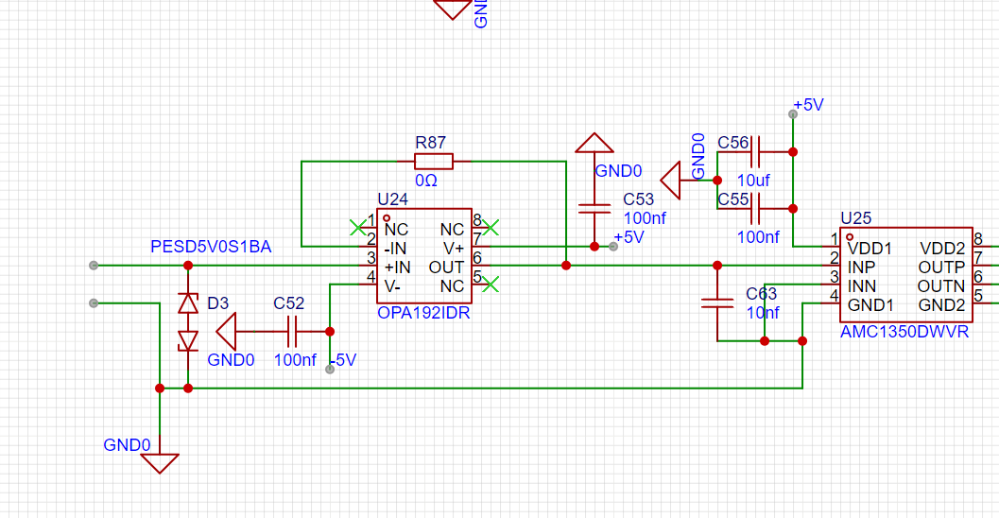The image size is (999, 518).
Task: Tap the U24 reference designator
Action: coord(392,199)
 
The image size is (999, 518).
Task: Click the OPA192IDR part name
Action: coord(423,313)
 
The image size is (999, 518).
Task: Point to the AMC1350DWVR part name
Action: coord(904,332)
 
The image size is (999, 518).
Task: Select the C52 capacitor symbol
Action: coord(292,332)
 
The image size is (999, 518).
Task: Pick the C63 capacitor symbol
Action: coord(717,303)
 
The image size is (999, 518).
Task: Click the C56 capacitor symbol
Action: coord(761,151)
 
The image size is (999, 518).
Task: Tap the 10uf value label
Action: coord(752,180)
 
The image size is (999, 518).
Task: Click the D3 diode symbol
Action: coord(188,321)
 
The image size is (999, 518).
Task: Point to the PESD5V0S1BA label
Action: coord(211,247)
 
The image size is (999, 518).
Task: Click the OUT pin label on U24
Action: coord(446,267)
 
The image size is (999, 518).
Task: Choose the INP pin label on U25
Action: coord(861,267)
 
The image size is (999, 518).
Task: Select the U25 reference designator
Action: coord(855,218)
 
